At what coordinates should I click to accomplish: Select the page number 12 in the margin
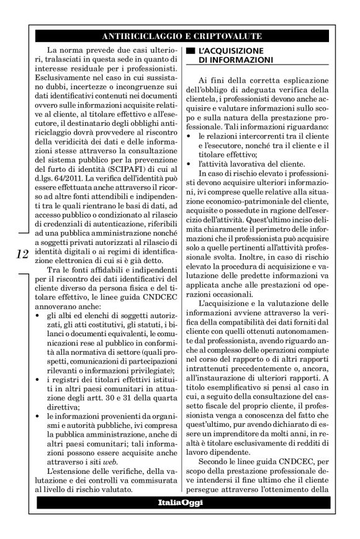[x=20, y=255]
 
